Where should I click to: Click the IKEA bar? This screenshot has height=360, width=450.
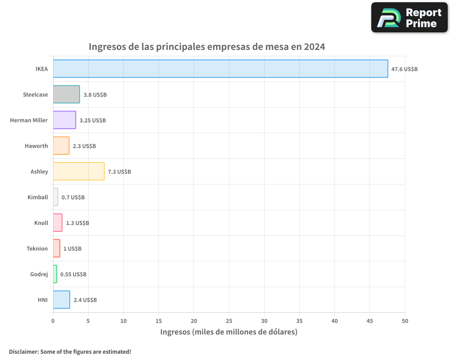click(x=220, y=69)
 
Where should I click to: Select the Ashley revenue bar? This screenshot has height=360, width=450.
click(x=79, y=171)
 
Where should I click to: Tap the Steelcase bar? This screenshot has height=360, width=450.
click(x=66, y=94)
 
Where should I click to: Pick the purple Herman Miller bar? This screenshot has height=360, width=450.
click(x=64, y=120)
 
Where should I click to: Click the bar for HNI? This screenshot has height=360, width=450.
click(x=61, y=300)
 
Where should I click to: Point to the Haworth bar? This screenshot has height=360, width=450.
click(x=61, y=146)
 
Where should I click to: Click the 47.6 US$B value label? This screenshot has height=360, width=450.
click(x=404, y=69)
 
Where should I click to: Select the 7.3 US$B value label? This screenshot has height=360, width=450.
click(x=119, y=172)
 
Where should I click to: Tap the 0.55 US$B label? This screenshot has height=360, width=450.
click(x=73, y=274)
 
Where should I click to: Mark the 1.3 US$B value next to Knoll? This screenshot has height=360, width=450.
click(x=77, y=223)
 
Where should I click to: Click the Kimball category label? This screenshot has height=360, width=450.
click(x=37, y=197)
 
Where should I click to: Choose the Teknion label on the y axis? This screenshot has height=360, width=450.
click(x=37, y=248)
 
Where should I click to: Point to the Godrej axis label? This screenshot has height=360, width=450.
click(x=39, y=274)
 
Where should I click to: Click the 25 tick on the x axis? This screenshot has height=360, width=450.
click(x=229, y=321)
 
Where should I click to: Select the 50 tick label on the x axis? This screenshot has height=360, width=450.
click(x=405, y=321)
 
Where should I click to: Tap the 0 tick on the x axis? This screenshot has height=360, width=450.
click(x=53, y=321)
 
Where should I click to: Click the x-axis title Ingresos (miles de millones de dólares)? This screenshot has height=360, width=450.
click(x=229, y=332)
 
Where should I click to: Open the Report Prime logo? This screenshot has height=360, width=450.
click(x=409, y=18)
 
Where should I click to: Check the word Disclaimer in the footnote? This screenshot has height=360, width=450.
click(x=23, y=352)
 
